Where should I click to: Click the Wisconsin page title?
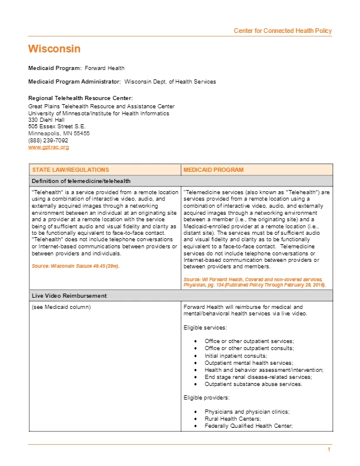point(54,48)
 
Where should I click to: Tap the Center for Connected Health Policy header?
point(282,31)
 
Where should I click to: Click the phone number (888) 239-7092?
point(48,141)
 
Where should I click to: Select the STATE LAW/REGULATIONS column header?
point(70,169)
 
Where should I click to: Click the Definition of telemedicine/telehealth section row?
point(81,181)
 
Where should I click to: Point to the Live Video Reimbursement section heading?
point(69,295)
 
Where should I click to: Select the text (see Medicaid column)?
point(61,307)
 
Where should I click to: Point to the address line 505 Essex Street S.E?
point(57,126)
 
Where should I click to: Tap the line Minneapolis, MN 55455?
point(59,134)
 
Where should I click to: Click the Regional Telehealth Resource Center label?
point(81,98)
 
